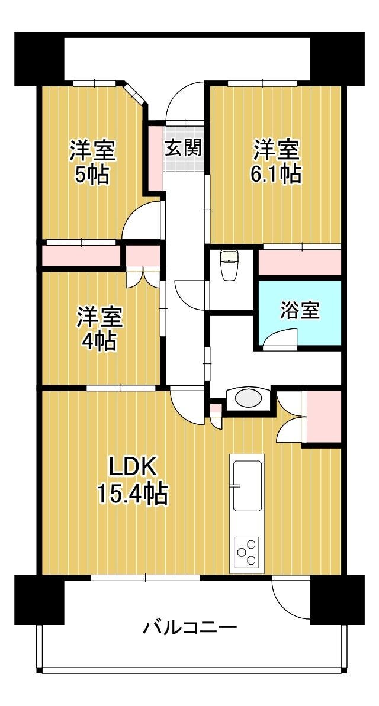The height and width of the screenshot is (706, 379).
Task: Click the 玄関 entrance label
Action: pos(182,147)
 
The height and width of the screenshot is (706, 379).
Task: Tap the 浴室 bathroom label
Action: pos(300,310)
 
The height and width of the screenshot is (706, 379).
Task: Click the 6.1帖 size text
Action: pos(276,173)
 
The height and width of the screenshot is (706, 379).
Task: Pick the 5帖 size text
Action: pos(92,174)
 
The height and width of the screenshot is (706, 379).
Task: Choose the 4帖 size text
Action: pos(99,341)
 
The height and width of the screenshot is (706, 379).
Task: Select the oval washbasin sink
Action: pos(248,398)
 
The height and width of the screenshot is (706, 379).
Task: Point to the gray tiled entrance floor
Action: pos(184,146)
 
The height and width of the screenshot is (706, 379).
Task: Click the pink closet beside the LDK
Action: pos(323,417)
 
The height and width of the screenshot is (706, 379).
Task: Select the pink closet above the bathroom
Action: pos(300,262)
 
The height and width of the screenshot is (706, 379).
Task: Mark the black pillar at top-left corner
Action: pos(39,59)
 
